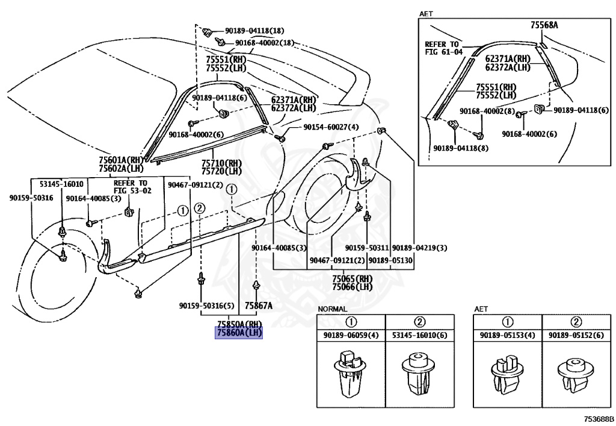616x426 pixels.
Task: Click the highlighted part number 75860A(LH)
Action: tap(239, 333)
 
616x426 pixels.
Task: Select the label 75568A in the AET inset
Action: tap(544, 25)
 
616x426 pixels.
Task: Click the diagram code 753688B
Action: tap(597, 418)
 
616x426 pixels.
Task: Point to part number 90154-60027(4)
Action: tap(330, 127)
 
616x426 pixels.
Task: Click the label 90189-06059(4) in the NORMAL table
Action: tap(351, 336)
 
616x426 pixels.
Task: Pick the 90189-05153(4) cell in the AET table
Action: tap(507, 336)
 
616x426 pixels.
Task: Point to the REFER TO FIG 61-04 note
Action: tap(443, 48)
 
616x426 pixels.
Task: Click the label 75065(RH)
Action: tap(353, 279)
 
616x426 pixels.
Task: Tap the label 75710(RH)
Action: tap(221, 163)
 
